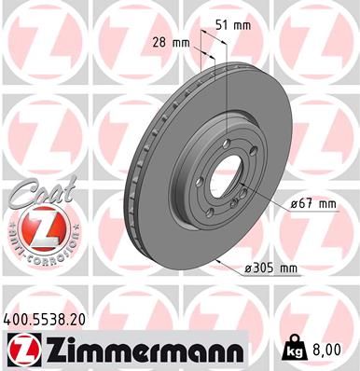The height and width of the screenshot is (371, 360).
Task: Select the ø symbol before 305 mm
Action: tap(248, 268)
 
